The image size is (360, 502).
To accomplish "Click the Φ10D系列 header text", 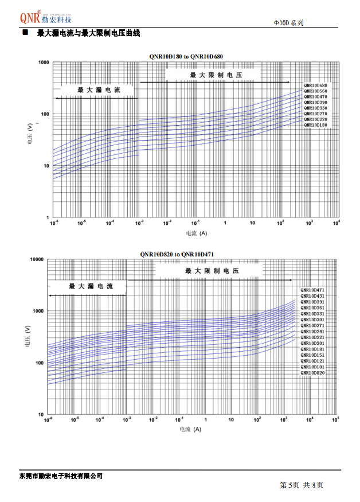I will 289,22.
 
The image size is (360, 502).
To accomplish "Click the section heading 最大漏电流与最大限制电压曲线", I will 88,34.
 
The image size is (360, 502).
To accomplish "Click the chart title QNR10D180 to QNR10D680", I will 186,56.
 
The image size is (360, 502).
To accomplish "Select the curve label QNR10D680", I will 315,85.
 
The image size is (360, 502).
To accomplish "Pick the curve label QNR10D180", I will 315,124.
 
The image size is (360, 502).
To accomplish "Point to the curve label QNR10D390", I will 315,102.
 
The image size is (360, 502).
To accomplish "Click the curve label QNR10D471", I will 312,290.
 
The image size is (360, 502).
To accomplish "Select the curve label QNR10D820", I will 312,373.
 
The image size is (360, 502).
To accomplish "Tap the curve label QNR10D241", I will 312,332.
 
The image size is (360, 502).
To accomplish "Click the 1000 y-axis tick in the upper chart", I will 42,62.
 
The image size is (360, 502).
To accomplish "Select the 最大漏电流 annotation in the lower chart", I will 91,286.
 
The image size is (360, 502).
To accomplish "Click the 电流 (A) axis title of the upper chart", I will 196,234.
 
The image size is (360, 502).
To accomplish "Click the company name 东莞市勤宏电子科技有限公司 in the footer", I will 61,476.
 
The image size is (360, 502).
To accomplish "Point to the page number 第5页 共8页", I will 302,485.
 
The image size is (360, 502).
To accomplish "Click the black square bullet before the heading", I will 25,34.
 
